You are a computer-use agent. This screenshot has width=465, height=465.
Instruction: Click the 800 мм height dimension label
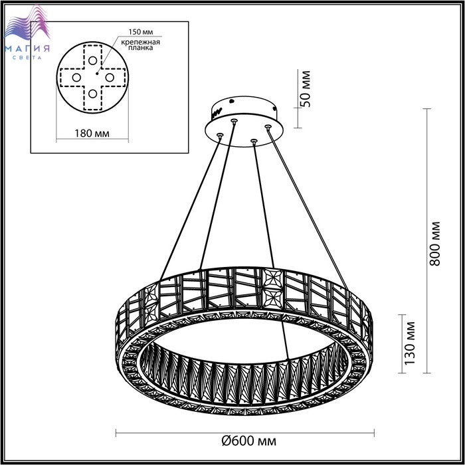(x=435, y=243)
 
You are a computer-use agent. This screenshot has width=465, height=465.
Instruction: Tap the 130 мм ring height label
(x=410, y=343)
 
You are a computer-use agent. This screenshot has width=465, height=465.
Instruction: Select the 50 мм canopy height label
(x=305, y=88)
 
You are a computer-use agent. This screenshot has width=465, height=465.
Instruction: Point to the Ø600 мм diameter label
(x=249, y=440)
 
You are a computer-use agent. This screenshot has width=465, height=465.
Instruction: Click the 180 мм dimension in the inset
(x=92, y=133)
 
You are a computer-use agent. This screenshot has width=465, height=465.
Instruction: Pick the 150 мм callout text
(x=141, y=32)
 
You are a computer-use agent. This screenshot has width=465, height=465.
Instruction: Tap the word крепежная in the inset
(x=141, y=42)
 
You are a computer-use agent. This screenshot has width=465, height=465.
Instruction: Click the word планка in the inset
(x=141, y=48)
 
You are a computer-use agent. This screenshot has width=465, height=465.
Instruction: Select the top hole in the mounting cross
(x=92, y=60)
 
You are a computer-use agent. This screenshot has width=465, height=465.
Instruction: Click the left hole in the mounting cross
(x=76, y=78)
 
